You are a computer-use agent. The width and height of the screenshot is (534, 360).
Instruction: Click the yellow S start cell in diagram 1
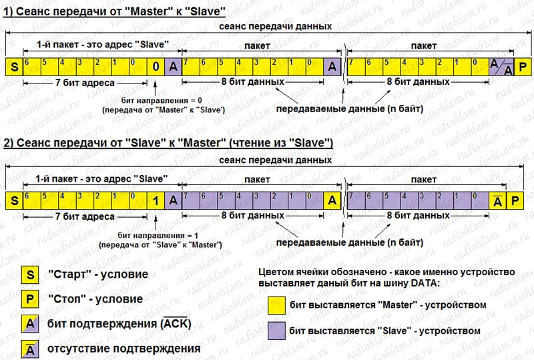13,66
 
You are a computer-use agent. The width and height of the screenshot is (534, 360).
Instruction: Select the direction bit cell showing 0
155,66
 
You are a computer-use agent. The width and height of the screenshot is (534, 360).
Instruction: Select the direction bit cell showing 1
155,200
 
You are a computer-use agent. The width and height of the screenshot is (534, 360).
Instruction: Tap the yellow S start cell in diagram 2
13,200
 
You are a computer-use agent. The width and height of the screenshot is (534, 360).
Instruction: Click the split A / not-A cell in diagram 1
499,66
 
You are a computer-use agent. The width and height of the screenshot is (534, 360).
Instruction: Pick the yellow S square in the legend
30,274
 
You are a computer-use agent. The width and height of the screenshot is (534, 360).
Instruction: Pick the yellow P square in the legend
30,299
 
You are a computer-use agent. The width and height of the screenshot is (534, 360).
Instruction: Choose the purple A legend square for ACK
30,323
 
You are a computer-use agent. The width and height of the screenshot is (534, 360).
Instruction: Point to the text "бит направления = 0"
155,99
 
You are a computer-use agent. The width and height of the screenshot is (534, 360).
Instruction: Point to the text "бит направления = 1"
155,236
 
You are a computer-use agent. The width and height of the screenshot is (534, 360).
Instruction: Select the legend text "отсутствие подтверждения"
124,349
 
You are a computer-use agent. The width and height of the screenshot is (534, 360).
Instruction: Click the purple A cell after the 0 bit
172,66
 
